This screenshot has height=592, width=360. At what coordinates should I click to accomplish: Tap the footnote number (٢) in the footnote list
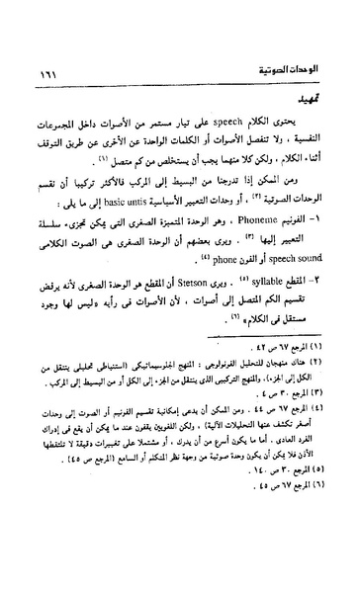tap(324, 385)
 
